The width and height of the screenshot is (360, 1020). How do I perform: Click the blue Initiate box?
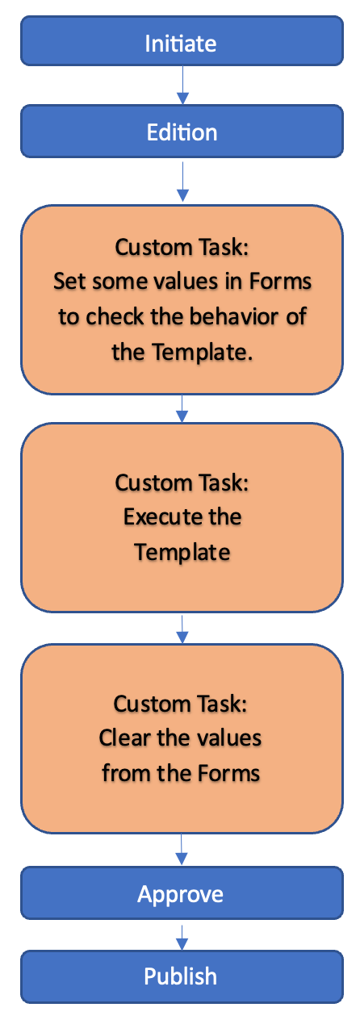click(x=181, y=43)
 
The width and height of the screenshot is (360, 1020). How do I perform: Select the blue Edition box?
click(x=181, y=132)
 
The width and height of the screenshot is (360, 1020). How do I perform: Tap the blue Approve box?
click(x=181, y=893)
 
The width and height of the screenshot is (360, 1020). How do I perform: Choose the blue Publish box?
click(x=181, y=976)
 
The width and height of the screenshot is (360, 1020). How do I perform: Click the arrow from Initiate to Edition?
click(x=182, y=86)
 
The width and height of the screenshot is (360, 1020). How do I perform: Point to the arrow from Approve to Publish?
click(x=182, y=935)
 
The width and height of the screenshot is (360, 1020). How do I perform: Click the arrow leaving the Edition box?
click(x=182, y=181)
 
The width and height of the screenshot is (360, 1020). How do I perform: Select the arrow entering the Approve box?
click(x=182, y=849)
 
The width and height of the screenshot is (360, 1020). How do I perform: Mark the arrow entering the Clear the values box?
click(x=182, y=629)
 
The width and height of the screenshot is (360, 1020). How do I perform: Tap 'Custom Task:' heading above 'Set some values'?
click(x=182, y=246)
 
